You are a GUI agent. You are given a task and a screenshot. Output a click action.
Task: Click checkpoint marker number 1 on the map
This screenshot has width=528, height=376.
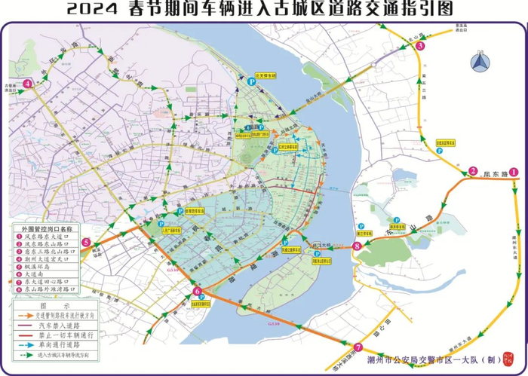point(514,172)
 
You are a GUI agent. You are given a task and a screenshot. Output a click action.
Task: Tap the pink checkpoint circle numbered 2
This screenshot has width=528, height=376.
point(473,171)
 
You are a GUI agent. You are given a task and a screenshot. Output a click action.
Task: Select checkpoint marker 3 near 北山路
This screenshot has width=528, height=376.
point(420,46)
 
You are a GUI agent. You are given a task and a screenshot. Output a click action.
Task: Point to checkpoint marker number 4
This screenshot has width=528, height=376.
point(27,84)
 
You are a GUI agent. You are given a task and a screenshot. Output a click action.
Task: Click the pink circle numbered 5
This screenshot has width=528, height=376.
point(87,243)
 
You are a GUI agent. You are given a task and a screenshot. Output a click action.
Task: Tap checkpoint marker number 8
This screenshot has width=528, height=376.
point(356,246)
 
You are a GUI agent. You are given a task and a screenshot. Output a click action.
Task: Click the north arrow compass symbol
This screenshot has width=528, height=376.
point(478,63)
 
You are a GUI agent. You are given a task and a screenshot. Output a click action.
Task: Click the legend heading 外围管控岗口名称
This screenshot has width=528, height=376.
point(46,228)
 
